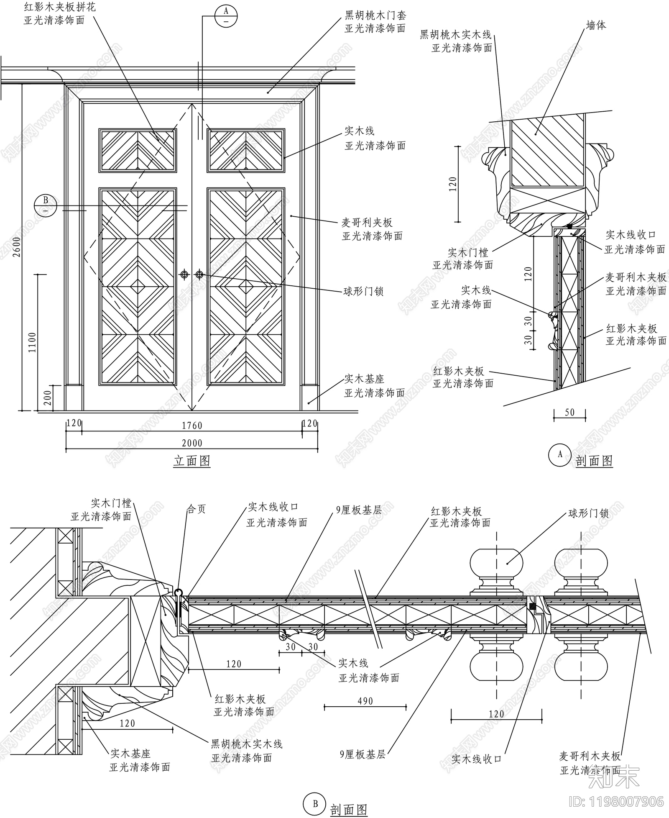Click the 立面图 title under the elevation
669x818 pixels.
pyautogui.click(x=192, y=461)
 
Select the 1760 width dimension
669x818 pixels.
pyautogui.click(x=192, y=426)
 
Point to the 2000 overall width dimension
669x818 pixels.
pyautogui.click(x=192, y=443)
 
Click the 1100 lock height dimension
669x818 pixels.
pyautogui.click(x=32, y=342)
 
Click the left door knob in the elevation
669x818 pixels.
pyautogui.click(x=184, y=274)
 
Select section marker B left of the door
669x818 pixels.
pyautogui.click(x=46, y=205)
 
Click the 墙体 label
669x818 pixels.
pyautogui.click(x=596, y=26)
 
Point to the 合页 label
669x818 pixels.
pyautogui.click(x=196, y=509)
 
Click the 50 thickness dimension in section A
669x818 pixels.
pyautogui.click(x=569, y=413)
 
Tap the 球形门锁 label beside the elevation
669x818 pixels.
pyautogui.click(x=363, y=291)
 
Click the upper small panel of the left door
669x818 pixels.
pyautogui.click(x=138, y=150)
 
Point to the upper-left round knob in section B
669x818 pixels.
pyautogui.click(x=497, y=563)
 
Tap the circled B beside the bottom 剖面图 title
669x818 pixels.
pyautogui.click(x=315, y=804)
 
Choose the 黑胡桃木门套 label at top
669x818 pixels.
pyautogui.click(x=375, y=16)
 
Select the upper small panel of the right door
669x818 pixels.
pyautogui.click(x=246, y=150)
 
